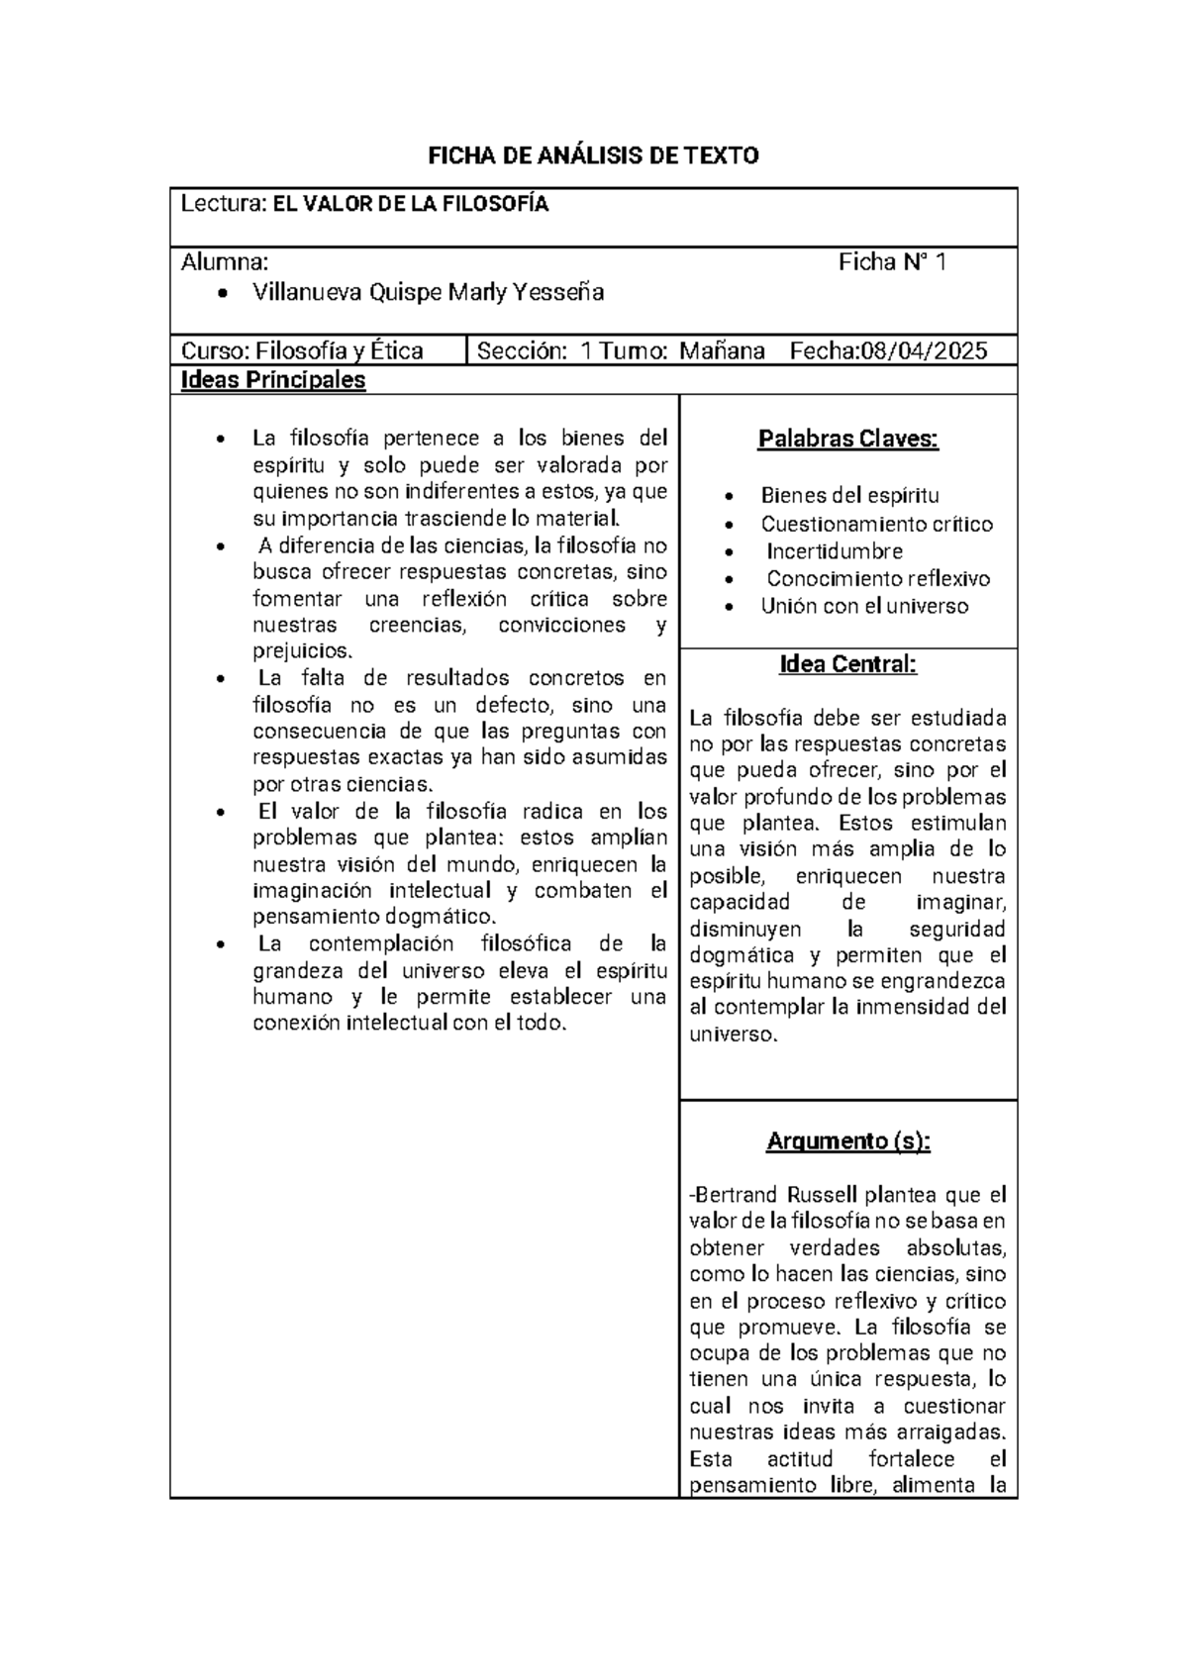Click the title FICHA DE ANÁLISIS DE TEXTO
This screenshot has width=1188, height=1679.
click(x=592, y=155)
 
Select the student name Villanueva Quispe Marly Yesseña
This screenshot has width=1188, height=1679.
click(x=428, y=292)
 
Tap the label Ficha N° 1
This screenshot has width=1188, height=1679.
click(x=892, y=262)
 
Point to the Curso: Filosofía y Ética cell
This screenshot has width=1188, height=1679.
click(x=302, y=350)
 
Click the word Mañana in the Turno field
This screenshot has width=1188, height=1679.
click(x=722, y=350)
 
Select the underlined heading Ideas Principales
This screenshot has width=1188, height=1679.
click(x=273, y=380)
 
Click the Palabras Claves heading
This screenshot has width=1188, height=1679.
click(x=847, y=439)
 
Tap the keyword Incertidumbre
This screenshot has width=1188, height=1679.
click(x=834, y=551)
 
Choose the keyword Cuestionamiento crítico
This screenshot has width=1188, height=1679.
click(x=876, y=525)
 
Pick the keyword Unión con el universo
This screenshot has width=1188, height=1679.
click(x=864, y=606)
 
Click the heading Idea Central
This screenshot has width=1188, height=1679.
click(x=847, y=664)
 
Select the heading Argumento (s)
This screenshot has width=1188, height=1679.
click(x=847, y=1141)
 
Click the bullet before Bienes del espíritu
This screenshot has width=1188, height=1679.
click(x=729, y=497)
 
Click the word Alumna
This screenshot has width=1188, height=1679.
click(x=224, y=262)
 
